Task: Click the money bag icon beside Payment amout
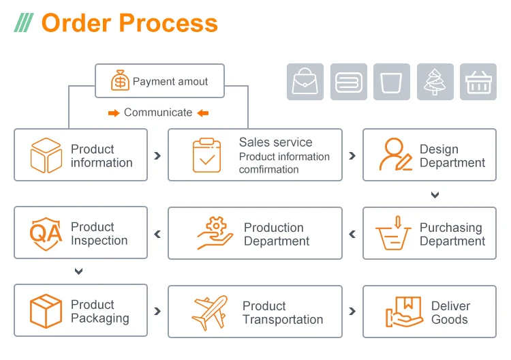pyautogui.click(x=120, y=80)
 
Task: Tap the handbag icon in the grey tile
pyautogui.click(x=305, y=82)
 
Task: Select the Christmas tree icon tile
pyautogui.click(x=435, y=82)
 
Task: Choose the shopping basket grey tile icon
pyautogui.click(x=478, y=82)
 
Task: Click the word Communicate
pyautogui.click(x=158, y=112)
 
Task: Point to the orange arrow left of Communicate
pyautogui.click(x=114, y=113)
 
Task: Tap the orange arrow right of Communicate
pyautogui.click(x=203, y=113)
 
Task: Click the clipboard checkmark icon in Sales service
pyautogui.click(x=206, y=155)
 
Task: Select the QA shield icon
pyautogui.click(x=46, y=233)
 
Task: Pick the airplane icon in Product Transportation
pyautogui.click(x=210, y=312)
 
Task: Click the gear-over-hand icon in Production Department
pyautogui.click(x=215, y=232)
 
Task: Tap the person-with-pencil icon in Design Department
pyautogui.click(x=396, y=154)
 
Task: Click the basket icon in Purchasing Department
pyautogui.click(x=392, y=232)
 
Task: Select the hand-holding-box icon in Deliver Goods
pyautogui.click(x=404, y=312)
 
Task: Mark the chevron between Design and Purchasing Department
pyautogui.click(x=435, y=195)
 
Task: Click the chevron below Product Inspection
pyautogui.click(x=78, y=271)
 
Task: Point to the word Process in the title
pyautogui.click(x=168, y=22)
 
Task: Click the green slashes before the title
pyautogui.click(x=23, y=22)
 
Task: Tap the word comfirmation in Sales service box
pyautogui.click(x=269, y=170)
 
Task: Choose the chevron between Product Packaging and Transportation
pyautogui.click(x=157, y=311)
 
